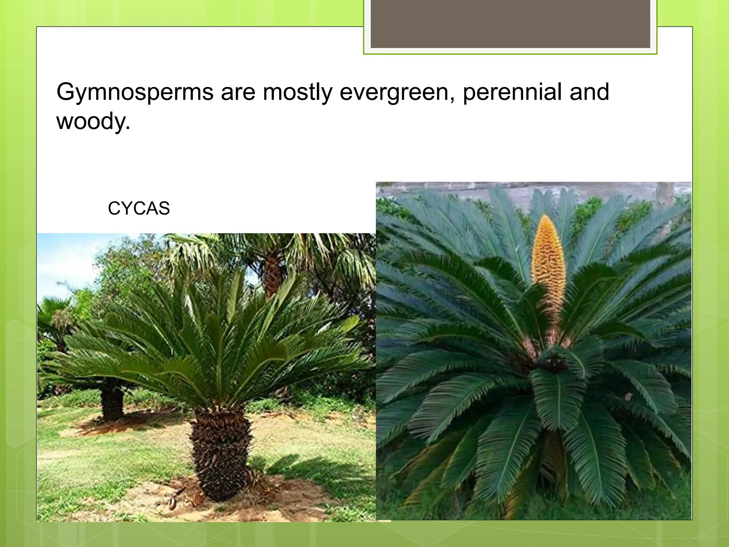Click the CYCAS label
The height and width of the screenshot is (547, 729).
(x=139, y=208)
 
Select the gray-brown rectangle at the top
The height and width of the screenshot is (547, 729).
(x=510, y=24)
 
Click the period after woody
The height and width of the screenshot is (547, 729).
(x=128, y=128)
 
